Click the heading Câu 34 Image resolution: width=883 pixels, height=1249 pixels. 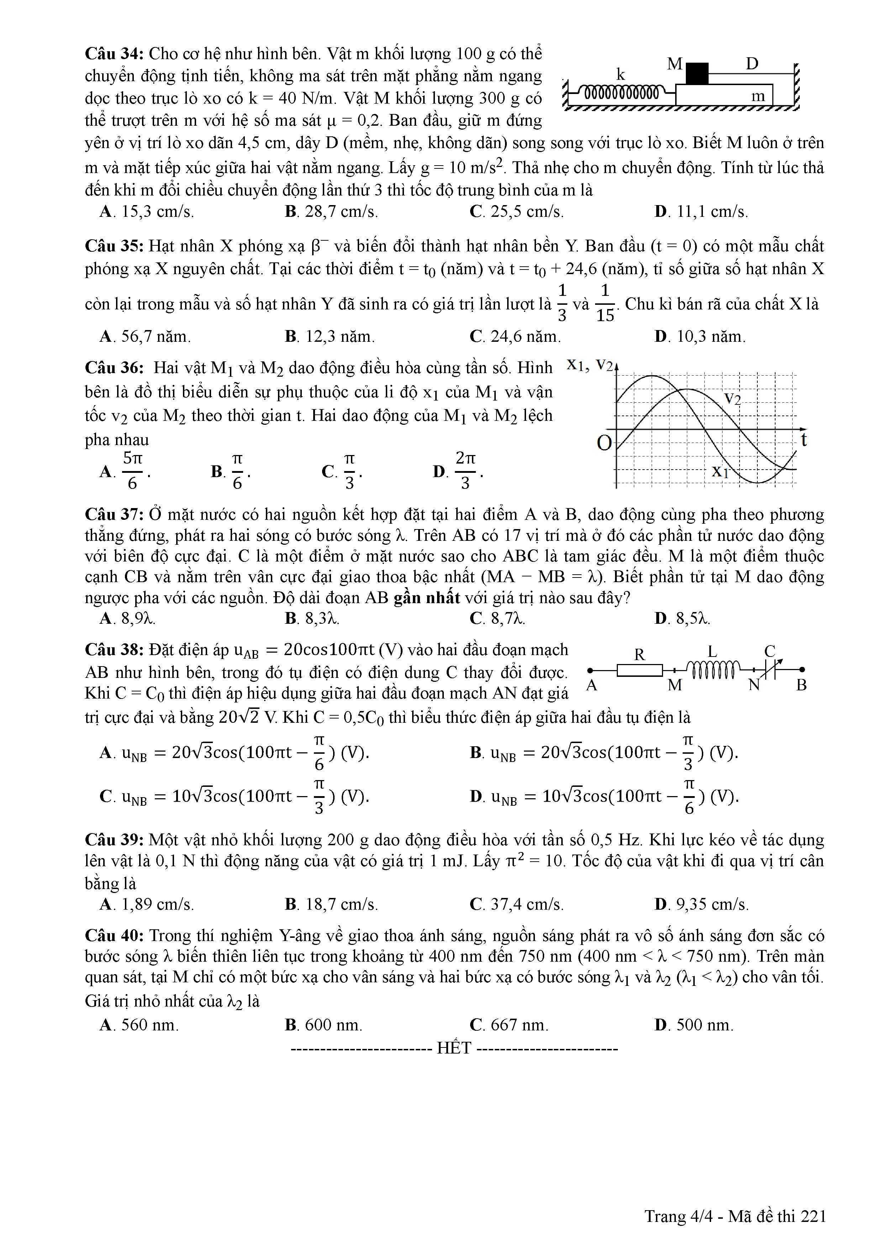(114, 54)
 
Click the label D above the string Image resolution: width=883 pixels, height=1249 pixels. (752, 64)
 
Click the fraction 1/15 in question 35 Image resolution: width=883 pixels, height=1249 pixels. (605, 303)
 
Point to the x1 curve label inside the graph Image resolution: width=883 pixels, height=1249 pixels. (720, 471)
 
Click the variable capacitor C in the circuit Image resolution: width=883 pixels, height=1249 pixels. (769, 670)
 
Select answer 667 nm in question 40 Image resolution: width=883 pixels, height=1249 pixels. (509, 1025)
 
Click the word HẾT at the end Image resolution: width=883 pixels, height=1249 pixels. (454, 1048)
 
